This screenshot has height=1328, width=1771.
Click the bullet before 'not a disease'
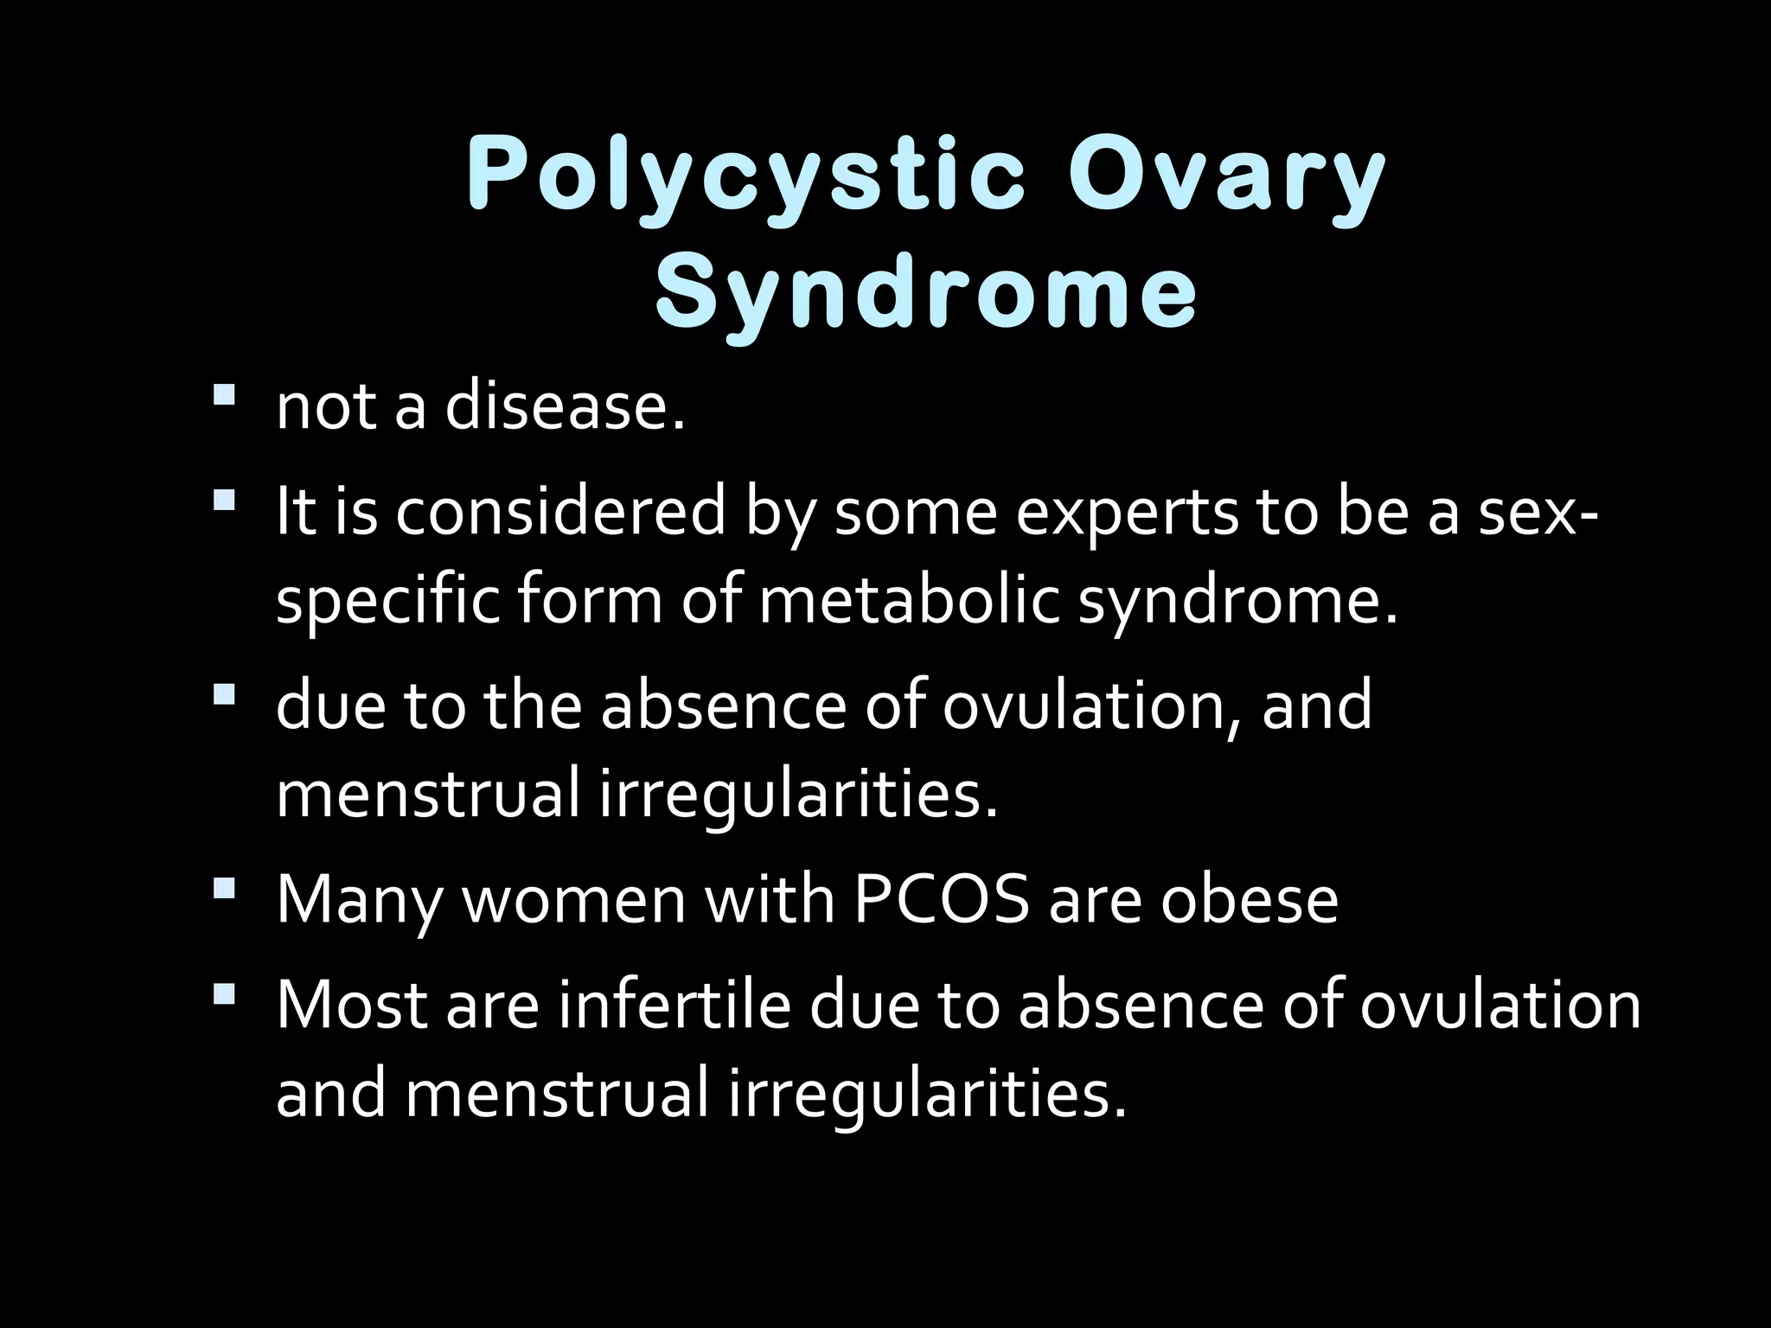[x=223, y=396]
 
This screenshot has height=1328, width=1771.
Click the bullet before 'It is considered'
[x=223, y=501]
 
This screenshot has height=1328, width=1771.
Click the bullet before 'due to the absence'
[x=223, y=693]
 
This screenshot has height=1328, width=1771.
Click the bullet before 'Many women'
[x=223, y=888]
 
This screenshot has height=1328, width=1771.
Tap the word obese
[x=1249, y=900]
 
